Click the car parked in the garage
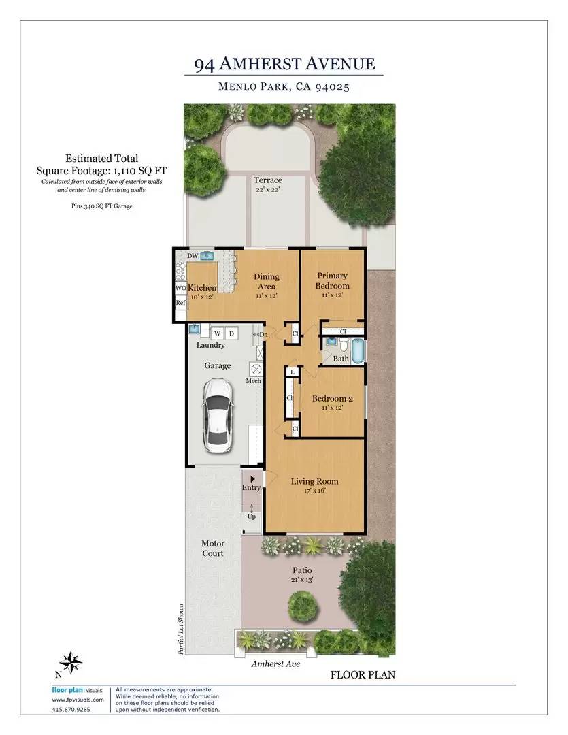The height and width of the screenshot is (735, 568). [218, 415]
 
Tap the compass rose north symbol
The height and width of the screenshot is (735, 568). [70, 663]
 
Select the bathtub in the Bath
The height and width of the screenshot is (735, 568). [358, 351]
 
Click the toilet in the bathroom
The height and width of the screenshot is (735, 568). [344, 346]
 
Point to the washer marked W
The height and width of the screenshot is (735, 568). [218, 333]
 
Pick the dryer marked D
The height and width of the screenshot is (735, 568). [231, 333]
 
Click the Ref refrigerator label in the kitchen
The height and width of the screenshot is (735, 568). [180, 303]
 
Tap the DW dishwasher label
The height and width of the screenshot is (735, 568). [193, 256]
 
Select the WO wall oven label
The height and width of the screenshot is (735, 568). [181, 288]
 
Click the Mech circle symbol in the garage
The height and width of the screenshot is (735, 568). [256, 369]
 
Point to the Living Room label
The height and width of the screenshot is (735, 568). [314, 481]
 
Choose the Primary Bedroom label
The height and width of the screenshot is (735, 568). [332, 281]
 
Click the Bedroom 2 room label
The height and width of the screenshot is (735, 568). [332, 399]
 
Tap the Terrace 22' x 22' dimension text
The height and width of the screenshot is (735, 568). [268, 189]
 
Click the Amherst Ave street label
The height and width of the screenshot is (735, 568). [275, 664]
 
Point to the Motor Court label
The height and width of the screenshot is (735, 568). [213, 549]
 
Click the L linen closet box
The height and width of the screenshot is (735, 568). [293, 372]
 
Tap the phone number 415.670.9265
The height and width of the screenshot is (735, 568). [71, 709]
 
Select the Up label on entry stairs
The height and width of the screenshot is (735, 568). [252, 517]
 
